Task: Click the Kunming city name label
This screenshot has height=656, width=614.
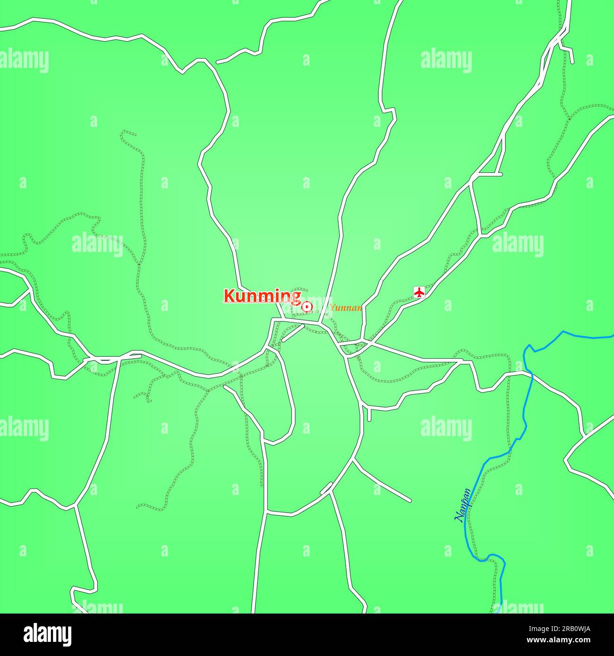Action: coord(262,296)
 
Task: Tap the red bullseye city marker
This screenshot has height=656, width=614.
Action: coord(307,307)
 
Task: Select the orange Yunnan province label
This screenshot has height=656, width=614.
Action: coord(346,308)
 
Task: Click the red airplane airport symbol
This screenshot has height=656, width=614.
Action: coord(419,292)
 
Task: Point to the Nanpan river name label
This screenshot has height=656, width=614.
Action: coord(462,505)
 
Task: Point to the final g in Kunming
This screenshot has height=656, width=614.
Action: coord(296,297)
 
